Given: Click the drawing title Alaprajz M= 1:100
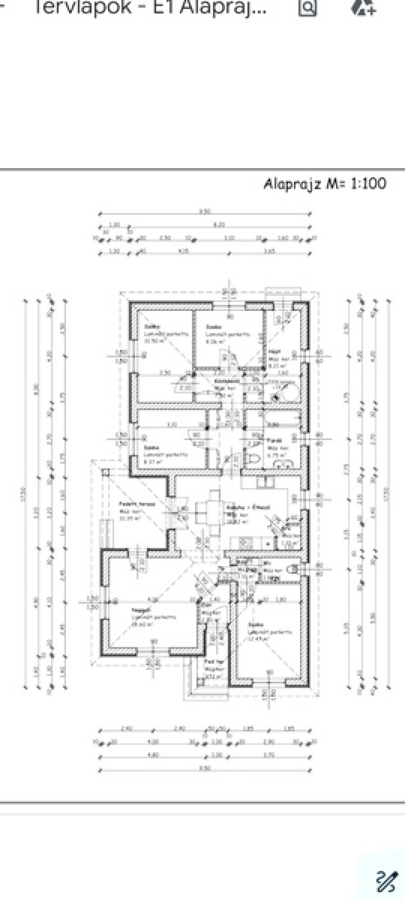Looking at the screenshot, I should click(325, 184).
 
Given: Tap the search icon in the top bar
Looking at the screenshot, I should click(308, 7).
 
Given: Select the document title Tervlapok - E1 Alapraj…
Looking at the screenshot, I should click(150, 7).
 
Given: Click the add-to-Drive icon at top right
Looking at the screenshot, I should click(363, 7).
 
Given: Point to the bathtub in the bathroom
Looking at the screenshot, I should click(282, 418).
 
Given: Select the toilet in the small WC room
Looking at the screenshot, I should click(293, 569).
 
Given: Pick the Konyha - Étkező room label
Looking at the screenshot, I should click(248, 507).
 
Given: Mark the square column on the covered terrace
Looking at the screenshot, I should click(105, 472).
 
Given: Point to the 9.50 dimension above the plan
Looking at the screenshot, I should click(204, 212).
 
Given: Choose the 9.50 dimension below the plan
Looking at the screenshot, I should click(204, 769).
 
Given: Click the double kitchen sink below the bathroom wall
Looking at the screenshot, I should click(265, 482).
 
